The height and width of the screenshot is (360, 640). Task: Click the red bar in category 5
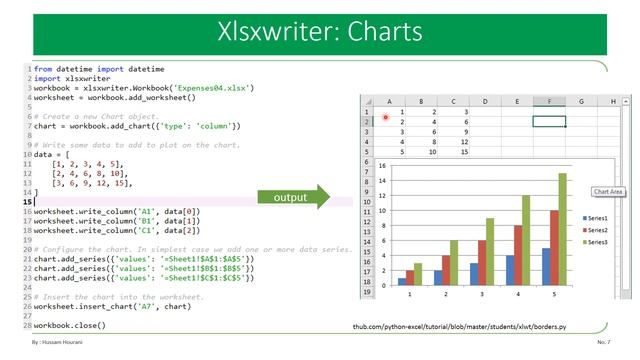point(553,247)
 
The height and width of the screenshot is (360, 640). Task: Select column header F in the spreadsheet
point(548,101)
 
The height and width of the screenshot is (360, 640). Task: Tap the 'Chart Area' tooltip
point(608,191)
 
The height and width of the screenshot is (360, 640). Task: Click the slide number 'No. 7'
point(602,342)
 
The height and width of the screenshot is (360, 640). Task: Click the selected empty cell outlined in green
point(548,121)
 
